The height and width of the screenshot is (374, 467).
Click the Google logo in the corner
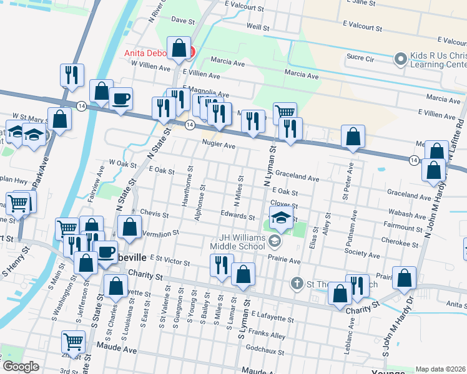(x=20, y=367)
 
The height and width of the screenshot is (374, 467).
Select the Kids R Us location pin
(x=400, y=59)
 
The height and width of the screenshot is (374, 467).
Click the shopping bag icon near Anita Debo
(x=179, y=49)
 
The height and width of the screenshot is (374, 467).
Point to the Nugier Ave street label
(x=218, y=145)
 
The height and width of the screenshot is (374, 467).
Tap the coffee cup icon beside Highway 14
(x=120, y=98)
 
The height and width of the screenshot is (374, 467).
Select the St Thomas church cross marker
(x=297, y=284)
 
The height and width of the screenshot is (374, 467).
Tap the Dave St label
(x=183, y=21)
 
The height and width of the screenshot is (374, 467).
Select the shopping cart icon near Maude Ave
(x=73, y=342)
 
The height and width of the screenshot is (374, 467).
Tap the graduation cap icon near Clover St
(x=282, y=219)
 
